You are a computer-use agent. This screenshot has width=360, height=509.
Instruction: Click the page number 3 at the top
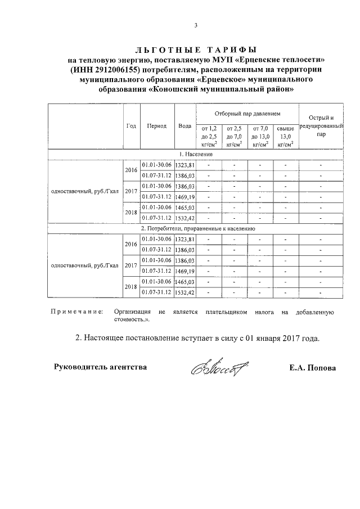tap(196, 25)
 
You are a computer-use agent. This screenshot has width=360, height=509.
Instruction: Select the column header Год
tap(130, 126)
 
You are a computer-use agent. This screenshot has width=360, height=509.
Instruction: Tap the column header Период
tap(156, 126)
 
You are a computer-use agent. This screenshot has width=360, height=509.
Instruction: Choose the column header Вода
tap(184, 126)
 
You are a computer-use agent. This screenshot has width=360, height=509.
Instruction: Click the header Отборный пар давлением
tap(247, 114)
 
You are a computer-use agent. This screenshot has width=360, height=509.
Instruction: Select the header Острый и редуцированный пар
tap(321, 126)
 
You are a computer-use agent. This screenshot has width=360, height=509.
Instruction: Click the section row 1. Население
tap(196, 154)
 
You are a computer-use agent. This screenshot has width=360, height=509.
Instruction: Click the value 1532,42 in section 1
tap(185, 218)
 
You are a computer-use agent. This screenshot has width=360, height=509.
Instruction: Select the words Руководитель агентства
tap(101, 367)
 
